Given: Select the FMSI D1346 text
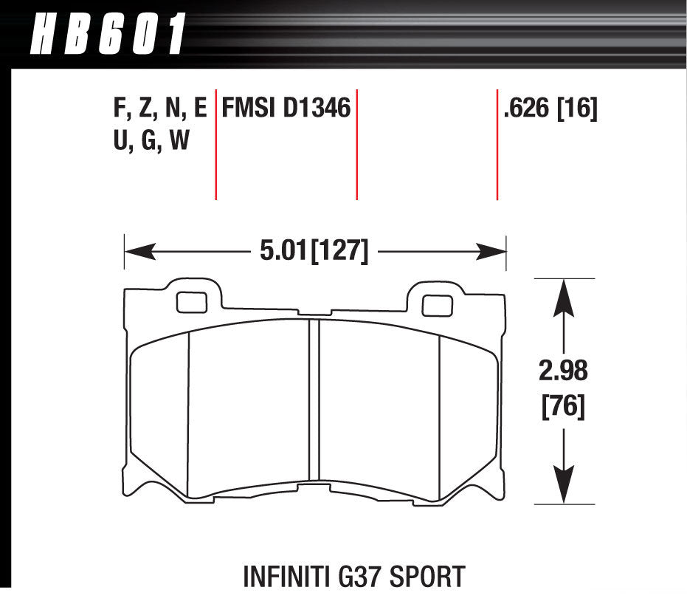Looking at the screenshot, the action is coord(286,108).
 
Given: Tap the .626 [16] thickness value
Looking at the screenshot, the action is coord(550,109).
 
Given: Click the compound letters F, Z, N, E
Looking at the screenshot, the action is coord(160,109).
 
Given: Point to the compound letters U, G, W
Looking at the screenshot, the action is coord(151,140).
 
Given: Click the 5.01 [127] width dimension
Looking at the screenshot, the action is coord(314,252).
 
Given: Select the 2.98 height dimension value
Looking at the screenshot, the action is coord(563,371).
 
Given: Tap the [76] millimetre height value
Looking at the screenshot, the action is coord(564,406).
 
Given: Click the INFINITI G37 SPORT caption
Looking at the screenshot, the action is coord(354,577).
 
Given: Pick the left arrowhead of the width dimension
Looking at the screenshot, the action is coord(140,252).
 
